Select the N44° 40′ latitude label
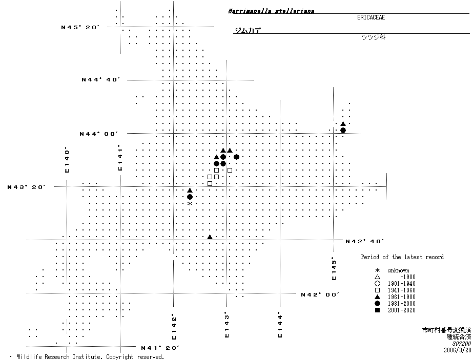point(100,79)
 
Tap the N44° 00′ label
point(98,134)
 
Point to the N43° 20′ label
point(27,187)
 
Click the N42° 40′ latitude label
point(365,241)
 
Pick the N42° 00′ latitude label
point(321,294)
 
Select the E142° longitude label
point(174,326)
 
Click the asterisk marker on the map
point(190,204)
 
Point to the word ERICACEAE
point(371,17)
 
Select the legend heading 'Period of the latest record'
point(402,257)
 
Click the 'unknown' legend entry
point(398,270)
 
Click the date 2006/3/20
point(457,350)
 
